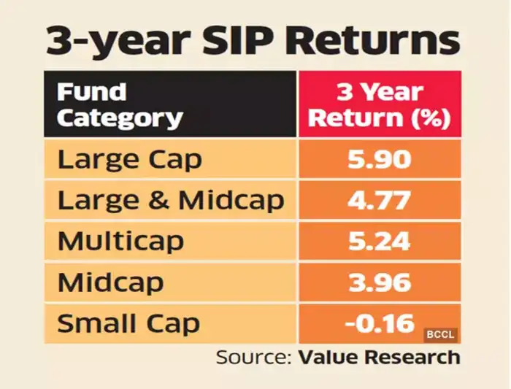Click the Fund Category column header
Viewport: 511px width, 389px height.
tap(119, 105)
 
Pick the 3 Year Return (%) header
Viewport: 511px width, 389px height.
tap(378, 105)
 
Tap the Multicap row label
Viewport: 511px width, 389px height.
tap(120, 241)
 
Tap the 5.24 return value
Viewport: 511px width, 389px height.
tap(378, 241)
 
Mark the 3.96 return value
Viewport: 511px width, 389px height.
tap(378, 281)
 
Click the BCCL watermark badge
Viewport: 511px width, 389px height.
tap(441, 335)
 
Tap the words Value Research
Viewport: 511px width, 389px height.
tap(378, 358)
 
